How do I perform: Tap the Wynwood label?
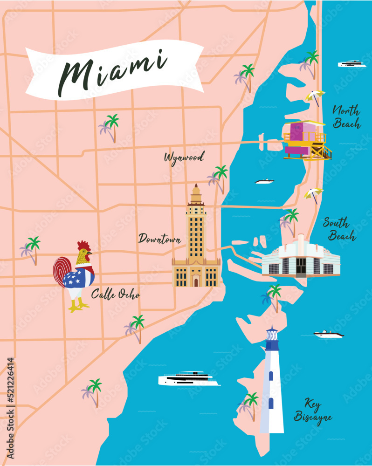(x=184, y=158)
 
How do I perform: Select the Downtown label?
(x=159, y=239)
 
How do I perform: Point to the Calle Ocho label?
(x=115, y=295)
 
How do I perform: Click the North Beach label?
(x=346, y=117)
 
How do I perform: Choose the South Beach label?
(x=339, y=229)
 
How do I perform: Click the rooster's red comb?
(x=83, y=246)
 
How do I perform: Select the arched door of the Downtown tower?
(x=196, y=281)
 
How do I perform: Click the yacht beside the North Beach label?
(x=352, y=64)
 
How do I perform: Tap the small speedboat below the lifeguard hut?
(x=265, y=181)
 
